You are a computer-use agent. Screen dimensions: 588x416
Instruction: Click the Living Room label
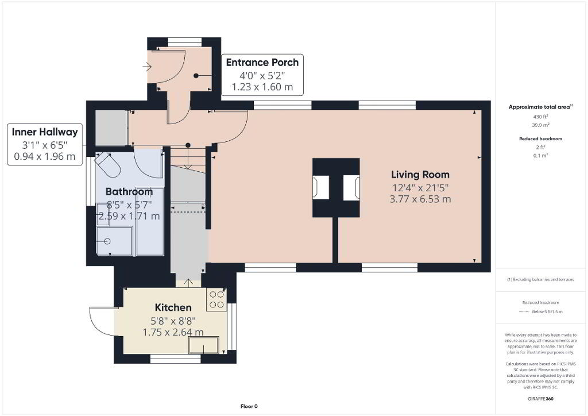(420, 175)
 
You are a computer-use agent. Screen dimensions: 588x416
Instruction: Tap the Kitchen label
(173, 307)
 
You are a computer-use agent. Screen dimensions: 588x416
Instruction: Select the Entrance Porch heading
(262, 62)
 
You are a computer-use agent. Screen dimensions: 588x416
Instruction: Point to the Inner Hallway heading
(45, 132)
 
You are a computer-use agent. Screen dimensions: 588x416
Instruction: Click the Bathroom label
(129, 192)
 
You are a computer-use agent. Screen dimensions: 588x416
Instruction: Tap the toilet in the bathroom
(107, 164)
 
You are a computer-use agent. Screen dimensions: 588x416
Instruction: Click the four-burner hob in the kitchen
(216, 299)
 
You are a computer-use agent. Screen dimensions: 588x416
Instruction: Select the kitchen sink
(204, 345)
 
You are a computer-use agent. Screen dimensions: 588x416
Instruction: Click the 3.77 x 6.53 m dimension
(420, 199)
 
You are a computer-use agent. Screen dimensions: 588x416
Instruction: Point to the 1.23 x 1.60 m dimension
(262, 87)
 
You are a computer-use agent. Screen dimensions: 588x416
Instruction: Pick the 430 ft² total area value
(540, 117)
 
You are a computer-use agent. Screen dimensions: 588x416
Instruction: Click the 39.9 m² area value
(540, 125)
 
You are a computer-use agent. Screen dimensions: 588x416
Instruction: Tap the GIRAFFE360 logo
(540, 399)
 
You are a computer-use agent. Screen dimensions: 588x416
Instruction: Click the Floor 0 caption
(249, 406)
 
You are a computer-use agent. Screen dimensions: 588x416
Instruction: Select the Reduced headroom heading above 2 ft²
(540, 139)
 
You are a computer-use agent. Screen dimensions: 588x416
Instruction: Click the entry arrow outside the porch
(146, 67)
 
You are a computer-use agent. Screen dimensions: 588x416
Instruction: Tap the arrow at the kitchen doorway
(188, 283)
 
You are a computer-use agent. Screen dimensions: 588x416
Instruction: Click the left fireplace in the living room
(321, 187)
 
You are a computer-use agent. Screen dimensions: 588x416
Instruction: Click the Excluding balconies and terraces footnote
(540, 279)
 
